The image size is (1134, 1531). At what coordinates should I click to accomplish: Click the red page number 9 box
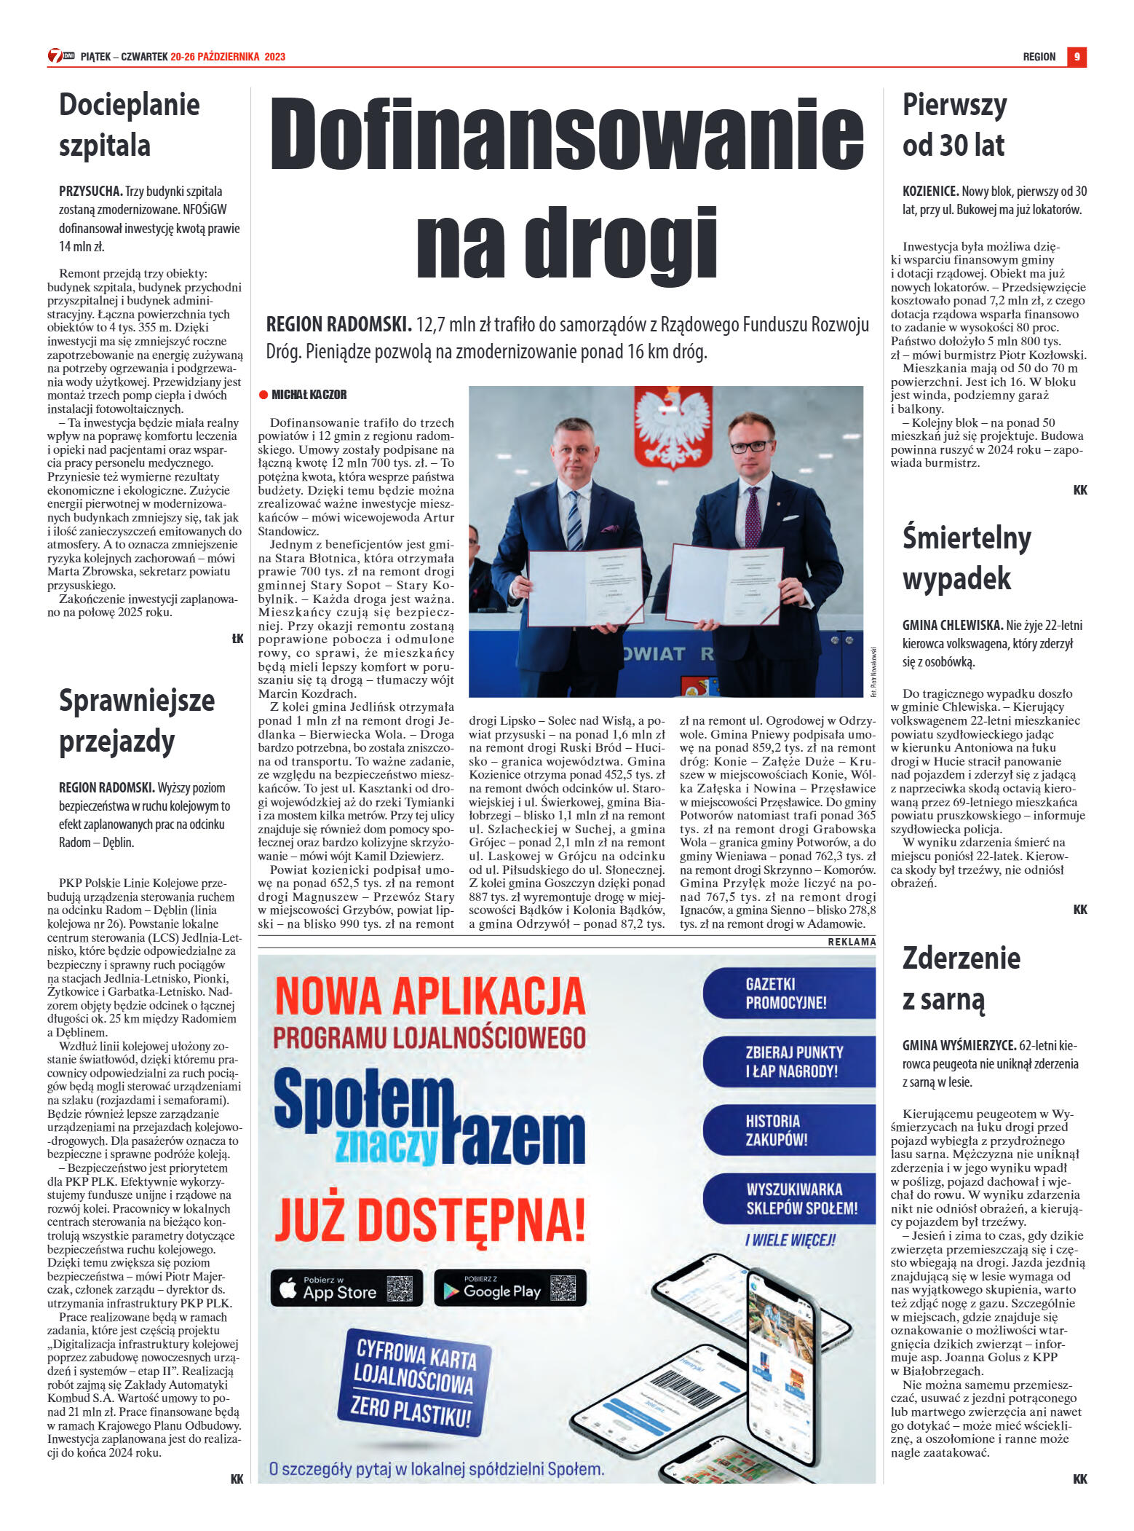pos(1076,57)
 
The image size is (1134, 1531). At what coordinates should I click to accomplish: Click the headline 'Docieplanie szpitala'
pos(129,125)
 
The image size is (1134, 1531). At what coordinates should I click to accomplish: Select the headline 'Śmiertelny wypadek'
pos(967,558)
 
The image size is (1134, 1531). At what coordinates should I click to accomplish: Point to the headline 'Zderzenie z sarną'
pos(961,978)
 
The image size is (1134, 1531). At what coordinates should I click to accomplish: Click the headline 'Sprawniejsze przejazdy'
pos(136,720)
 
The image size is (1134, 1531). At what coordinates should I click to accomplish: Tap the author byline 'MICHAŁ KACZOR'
pos(309,395)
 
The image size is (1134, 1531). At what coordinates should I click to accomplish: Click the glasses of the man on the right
pos(750,446)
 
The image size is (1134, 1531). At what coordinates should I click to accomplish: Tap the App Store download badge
pos(346,1288)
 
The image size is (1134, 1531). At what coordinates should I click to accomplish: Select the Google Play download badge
pos(509,1288)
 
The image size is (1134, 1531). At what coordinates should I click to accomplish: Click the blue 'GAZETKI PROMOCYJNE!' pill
pos(789,993)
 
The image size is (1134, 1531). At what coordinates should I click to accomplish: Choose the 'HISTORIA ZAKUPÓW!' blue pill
pos(789,1130)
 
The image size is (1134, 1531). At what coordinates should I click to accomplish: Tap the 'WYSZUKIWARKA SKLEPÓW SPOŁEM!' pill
pos(789,1198)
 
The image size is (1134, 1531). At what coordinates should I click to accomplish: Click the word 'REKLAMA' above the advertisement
pos(852,942)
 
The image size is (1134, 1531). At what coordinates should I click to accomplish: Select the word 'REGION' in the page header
pos(1039,57)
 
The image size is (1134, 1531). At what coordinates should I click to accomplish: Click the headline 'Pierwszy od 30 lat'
pos(954,125)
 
